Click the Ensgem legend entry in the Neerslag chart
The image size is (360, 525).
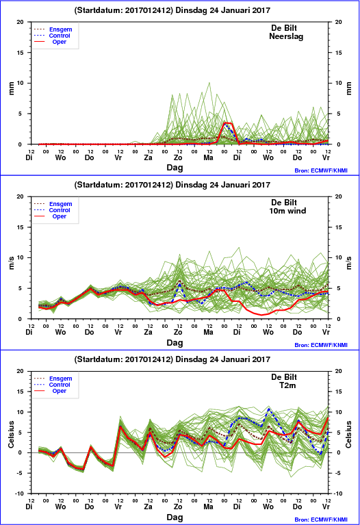pos(61,29)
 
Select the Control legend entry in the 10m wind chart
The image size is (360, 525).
pos(60,210)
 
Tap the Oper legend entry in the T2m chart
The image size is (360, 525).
pos(60,391)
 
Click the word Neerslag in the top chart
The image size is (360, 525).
pos(286,36)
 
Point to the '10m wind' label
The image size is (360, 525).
pos(287,211)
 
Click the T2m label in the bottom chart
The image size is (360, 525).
pos(287,385)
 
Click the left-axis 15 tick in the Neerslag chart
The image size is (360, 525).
pos(21,53)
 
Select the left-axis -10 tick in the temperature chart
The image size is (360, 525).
pos(20,494)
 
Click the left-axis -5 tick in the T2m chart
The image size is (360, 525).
pos(21,473)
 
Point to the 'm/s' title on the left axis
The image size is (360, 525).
pos(12,263)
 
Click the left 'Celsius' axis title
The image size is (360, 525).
pos(12,434)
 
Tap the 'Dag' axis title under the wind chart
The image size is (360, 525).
pos(175,343)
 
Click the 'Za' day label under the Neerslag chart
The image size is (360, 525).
pos(148,157)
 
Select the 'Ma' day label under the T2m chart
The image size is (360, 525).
pos(208,507)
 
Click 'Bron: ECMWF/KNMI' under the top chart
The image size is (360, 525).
pos(321,170)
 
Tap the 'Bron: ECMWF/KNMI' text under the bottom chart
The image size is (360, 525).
pos(321,520)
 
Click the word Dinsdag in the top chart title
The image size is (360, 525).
pos(191,10)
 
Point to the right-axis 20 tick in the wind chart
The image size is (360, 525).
pos(338,196)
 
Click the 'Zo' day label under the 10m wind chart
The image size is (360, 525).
pos(178,332)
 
